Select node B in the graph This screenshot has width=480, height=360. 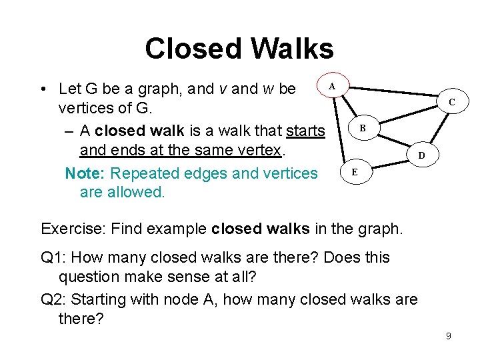coord(362,127)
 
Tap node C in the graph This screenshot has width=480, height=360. coord(451,102)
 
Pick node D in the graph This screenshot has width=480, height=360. coord(421,156)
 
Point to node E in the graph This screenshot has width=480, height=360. coord(355,172)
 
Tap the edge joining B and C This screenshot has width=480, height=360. coord(407,115)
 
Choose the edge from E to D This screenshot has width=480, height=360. coord(389,164)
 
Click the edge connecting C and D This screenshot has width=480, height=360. coord(437,128)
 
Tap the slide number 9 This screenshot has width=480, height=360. coord(449,336)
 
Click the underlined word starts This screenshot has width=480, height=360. coord(305,131)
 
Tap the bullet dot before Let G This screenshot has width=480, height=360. coord(43,89)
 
